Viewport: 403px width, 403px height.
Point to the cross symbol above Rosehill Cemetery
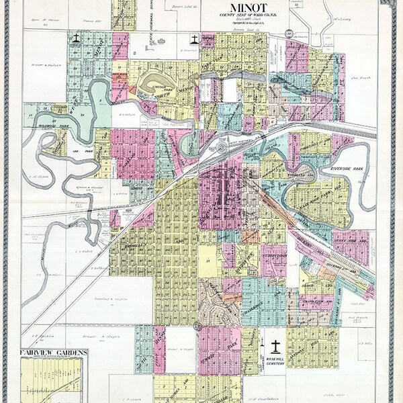click(x=276, y=346)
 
